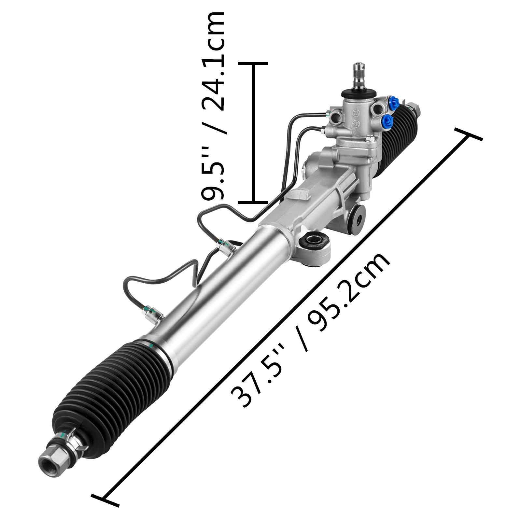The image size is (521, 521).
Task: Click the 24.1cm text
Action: pos(213,65)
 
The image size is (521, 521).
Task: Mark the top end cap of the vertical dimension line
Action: pos(254,64)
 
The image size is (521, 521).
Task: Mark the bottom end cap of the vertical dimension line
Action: pos(254,202)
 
